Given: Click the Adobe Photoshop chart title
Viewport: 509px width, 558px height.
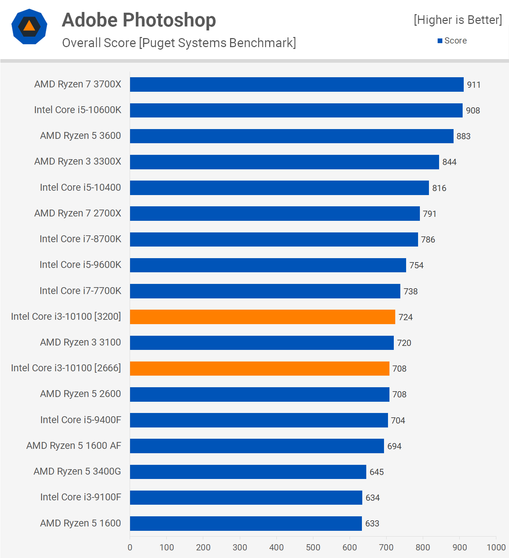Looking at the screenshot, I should point(139,20).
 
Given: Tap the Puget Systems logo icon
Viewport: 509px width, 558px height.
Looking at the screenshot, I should point(29,26).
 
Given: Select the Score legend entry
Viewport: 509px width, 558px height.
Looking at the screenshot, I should point(452,41).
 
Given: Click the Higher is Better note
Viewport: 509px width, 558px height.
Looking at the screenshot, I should point(458,20).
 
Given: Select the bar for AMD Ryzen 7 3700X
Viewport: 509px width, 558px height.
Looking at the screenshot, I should point(296,84).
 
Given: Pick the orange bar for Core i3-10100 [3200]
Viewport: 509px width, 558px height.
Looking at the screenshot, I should point(262,317).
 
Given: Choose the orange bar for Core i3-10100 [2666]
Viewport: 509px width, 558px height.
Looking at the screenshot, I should point(259,368).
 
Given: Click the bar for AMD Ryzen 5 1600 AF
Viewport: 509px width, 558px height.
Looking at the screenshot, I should point(257,446).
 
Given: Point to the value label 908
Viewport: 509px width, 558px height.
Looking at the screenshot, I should point(473,111).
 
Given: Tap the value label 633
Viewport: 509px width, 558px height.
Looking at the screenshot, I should point(372,524).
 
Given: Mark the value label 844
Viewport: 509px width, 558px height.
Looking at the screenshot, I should point(449,162).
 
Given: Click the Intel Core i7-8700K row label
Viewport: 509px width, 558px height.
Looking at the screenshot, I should point(80,239).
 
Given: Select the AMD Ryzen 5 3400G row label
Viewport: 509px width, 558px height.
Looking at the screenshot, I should point(77,471).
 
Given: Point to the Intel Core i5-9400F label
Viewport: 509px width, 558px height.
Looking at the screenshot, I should point(80,420).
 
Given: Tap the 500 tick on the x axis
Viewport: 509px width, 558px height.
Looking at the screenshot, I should point(313,547).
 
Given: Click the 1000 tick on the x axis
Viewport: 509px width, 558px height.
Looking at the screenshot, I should point(496,547).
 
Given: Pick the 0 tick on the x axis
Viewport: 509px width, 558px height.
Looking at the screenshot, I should point(130,547).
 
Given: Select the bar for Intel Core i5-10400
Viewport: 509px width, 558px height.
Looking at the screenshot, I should point(279,188).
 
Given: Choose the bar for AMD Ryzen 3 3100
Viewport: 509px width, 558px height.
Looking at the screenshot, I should point(262,343).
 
